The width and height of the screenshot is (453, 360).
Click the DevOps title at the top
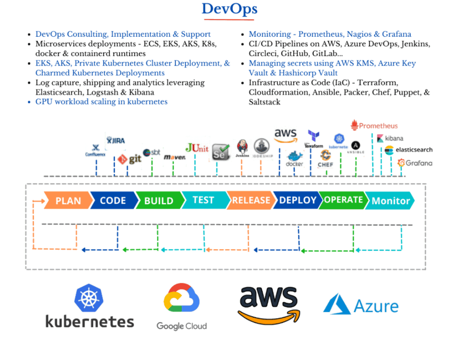(x=229, y=9)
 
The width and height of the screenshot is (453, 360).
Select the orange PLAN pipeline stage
(x=67, y=201)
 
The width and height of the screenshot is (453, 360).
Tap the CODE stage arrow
(x=112, y=201)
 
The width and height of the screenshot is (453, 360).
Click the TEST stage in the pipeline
(x=203, y=200)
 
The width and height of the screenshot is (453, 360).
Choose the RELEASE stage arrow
(x=250, y=200)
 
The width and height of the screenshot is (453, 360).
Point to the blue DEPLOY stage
(x=297, y=200)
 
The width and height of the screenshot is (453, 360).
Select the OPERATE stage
(x=343, y=200)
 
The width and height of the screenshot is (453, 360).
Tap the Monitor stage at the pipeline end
(x=391, y=201)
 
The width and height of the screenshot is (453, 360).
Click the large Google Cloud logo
(x=181, y=307)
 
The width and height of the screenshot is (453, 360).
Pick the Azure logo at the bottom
(x=361, y=306)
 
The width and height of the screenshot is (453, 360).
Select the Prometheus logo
(x=374, y=125)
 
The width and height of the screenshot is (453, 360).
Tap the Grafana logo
(x=415, y=163)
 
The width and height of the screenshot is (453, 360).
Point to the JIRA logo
(x=116, y=140)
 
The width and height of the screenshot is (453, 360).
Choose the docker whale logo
(x=295, y=158)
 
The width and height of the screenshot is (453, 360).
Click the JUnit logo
(x=197, y=148)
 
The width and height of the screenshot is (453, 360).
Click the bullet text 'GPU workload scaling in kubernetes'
(x=101, y=101)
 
